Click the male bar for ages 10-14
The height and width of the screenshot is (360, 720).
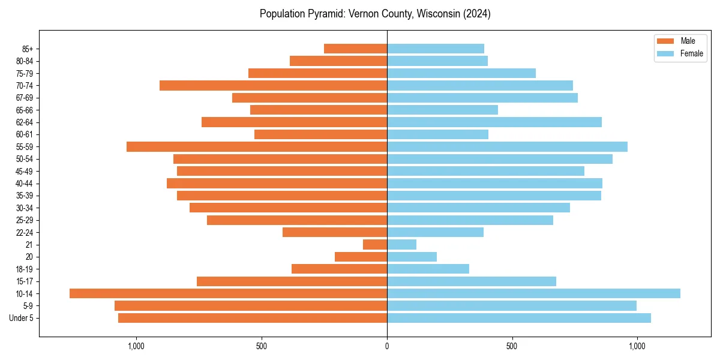[228, 293]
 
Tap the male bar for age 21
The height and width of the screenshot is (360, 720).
[375, 245]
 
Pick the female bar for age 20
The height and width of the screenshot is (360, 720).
[412, 257]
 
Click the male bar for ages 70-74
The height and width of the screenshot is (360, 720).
[273, 86]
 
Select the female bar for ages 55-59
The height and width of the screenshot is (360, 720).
[507, 147]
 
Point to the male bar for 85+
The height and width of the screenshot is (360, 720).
[355, 49]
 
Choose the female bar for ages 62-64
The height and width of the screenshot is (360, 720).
[494, 122]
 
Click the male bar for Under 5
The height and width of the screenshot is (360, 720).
[253, 318]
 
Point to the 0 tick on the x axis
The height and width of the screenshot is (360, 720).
[387, 346]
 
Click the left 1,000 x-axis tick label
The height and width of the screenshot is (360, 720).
[136, 346]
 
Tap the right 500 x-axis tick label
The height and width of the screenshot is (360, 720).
[512, 346]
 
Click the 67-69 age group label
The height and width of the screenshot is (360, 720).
[25, 98]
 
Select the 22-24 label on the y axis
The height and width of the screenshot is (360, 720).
[25, 233]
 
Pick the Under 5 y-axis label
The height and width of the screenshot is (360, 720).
[22, 318]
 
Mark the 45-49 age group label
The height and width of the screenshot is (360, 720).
[25, 172]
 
